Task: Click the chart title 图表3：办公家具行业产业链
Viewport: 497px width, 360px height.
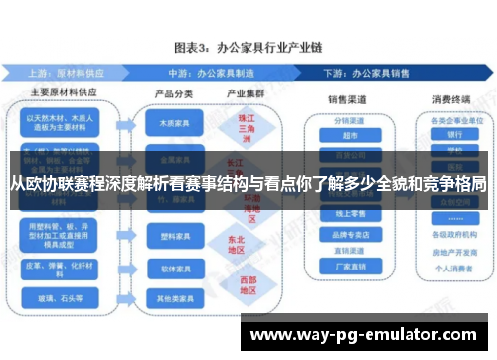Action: click(x=248, y=47)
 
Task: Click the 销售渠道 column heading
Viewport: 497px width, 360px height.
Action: click(x=349, y=99)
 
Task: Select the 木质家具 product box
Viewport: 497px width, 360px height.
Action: click(x=172, y=126)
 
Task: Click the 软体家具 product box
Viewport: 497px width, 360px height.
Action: click(x=172, y=268)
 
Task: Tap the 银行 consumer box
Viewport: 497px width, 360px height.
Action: click(x=454, y=135)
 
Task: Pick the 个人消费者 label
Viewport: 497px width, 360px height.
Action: click(x=454, y=268)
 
